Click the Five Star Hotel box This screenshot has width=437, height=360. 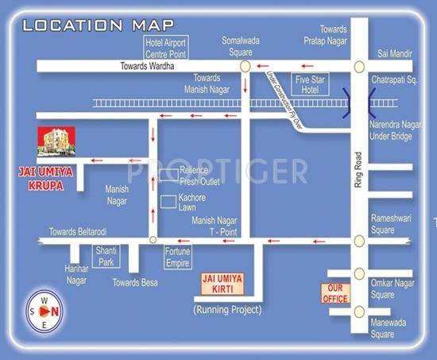coord(308,84)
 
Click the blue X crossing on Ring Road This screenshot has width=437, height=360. coord(359,101)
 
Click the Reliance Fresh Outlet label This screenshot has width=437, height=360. coord(199,176)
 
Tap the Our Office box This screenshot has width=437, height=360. coord(335,292)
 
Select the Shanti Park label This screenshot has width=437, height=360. coord(106,255)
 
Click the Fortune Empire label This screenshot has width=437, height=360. coord(178,256)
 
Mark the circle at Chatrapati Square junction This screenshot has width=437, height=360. coord(359,68)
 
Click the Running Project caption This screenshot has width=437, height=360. coord(227,308)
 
